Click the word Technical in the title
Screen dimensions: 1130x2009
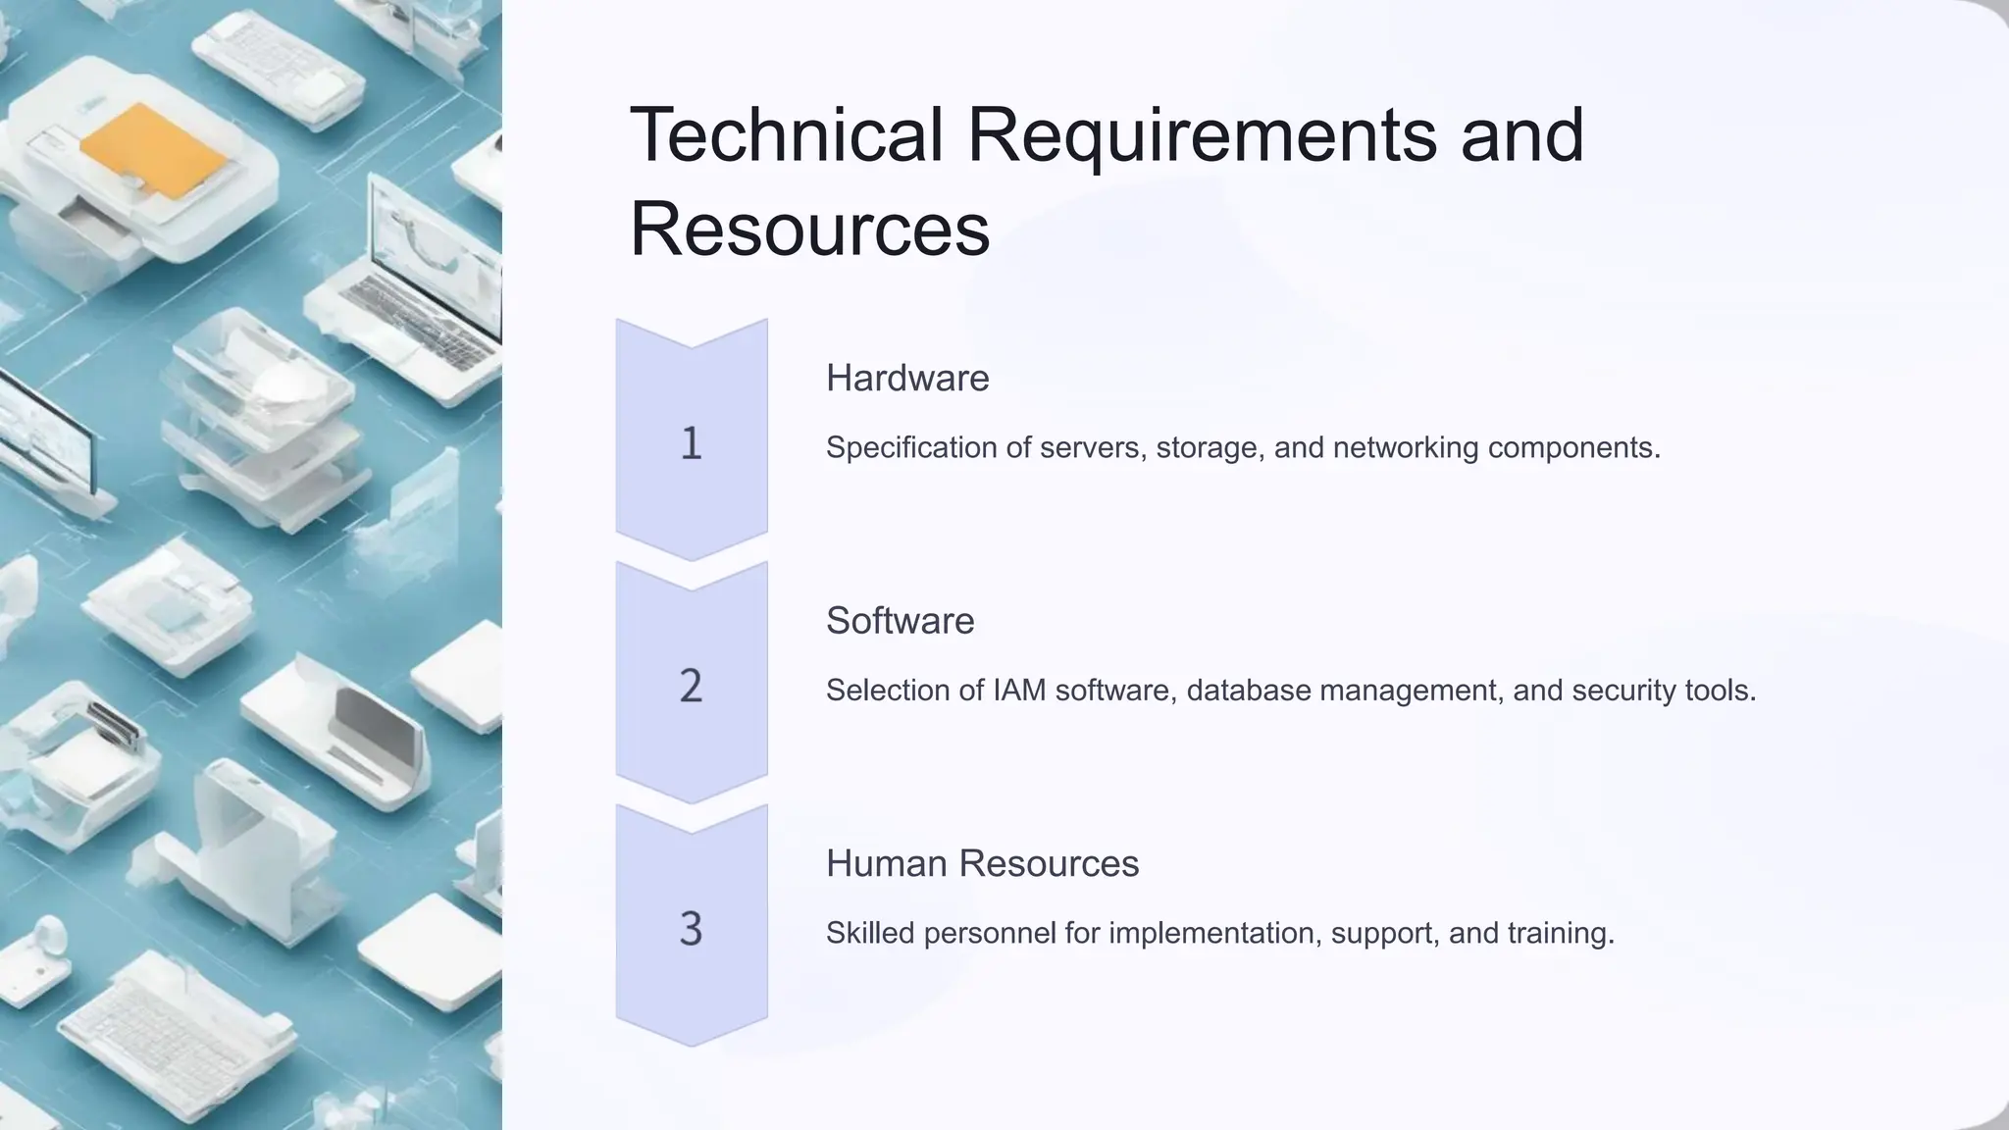[x=786, y=134]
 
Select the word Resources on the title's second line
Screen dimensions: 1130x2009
[x=809, y=229]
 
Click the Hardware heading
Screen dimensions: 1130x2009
[x=907, y=378]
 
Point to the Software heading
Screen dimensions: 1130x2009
[x=900, y=621]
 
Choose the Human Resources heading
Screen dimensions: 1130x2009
[x=982, y=863]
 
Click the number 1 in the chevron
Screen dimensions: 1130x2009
[x=692, y=443]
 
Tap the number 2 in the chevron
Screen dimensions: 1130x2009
[x=692, y=686]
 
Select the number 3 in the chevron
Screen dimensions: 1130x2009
[x=692, y=928]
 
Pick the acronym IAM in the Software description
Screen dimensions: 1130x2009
[x=1019, y=691]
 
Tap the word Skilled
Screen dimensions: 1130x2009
[x=870, y=933]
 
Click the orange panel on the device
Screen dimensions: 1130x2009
[x=154, y=150]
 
